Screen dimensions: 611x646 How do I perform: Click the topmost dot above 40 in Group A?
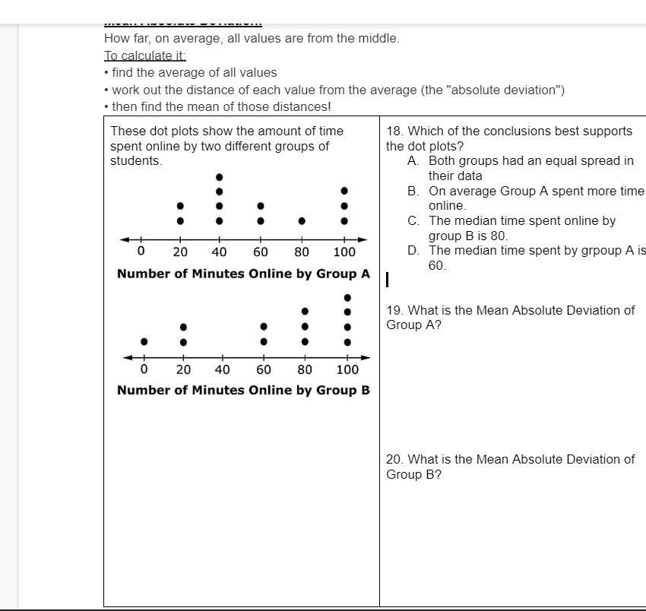220,176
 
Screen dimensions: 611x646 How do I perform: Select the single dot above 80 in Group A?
302,221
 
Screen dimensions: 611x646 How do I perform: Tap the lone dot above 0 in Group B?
144,342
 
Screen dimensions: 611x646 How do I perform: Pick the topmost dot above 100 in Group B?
347,298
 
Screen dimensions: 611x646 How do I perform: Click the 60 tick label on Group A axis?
261,252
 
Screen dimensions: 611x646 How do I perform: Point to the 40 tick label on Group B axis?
223,370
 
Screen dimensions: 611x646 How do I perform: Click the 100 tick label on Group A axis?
344,252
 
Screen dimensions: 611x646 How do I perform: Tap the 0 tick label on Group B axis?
144,370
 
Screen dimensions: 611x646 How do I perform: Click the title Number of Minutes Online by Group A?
243,274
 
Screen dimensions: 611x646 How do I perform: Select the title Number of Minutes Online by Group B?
243,390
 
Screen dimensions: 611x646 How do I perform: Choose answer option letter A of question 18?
413,161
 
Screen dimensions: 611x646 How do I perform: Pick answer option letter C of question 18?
413,220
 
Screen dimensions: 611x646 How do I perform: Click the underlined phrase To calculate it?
145,55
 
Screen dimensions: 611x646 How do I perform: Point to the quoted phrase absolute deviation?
506,90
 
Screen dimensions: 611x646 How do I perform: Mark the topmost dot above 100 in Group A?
344,191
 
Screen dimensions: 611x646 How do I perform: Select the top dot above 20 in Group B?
183,328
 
